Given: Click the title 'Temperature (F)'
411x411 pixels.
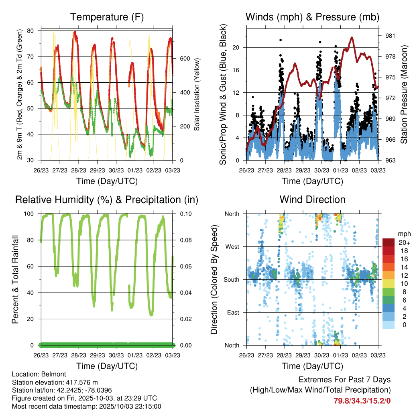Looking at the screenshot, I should click(x=107, y=17).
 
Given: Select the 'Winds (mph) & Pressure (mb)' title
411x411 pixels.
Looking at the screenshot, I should click(x=312, y=17).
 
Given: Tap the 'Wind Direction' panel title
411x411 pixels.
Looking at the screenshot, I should click(x=312, y=199).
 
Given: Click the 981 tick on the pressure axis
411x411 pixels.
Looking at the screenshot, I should click(x=391, y=36).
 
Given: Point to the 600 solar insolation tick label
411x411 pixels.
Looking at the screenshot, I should click(x=185, y=59).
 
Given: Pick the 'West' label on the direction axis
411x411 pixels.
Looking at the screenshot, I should click(x=232, y=246).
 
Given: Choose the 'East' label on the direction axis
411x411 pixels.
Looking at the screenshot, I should click(x=233, y=312).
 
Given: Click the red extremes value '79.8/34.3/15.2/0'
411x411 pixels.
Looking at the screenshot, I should click(x=362, y=401).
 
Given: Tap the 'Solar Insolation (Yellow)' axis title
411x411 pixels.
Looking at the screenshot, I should click(x=197, y=95).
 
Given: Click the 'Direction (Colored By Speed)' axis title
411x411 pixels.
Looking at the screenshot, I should click(x=214, y=279).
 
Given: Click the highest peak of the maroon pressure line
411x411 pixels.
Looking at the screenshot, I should click(x=352, y=37).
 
